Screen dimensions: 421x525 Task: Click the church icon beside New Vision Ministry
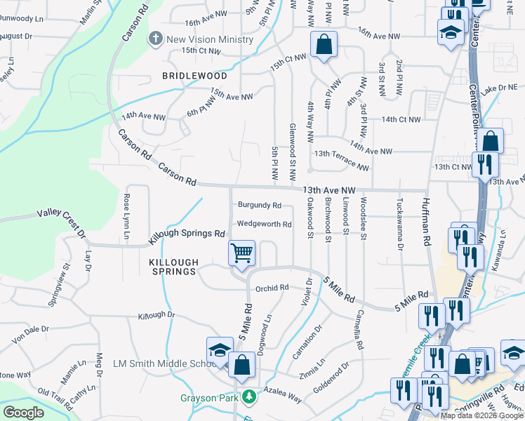[156, 39]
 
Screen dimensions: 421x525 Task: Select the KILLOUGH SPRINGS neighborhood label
[173, 267]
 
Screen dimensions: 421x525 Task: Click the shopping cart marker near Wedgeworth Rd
[242, 253]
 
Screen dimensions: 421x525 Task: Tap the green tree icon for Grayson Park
[248, 398]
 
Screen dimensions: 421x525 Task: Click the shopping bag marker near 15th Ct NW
[324, 46]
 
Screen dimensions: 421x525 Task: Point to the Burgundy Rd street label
[259, 206]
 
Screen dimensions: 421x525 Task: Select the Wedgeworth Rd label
[264, 225]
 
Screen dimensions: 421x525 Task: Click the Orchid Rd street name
[272, 288]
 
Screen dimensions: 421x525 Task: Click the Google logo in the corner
[23, 413]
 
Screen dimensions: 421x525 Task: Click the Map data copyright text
[481, 415]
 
